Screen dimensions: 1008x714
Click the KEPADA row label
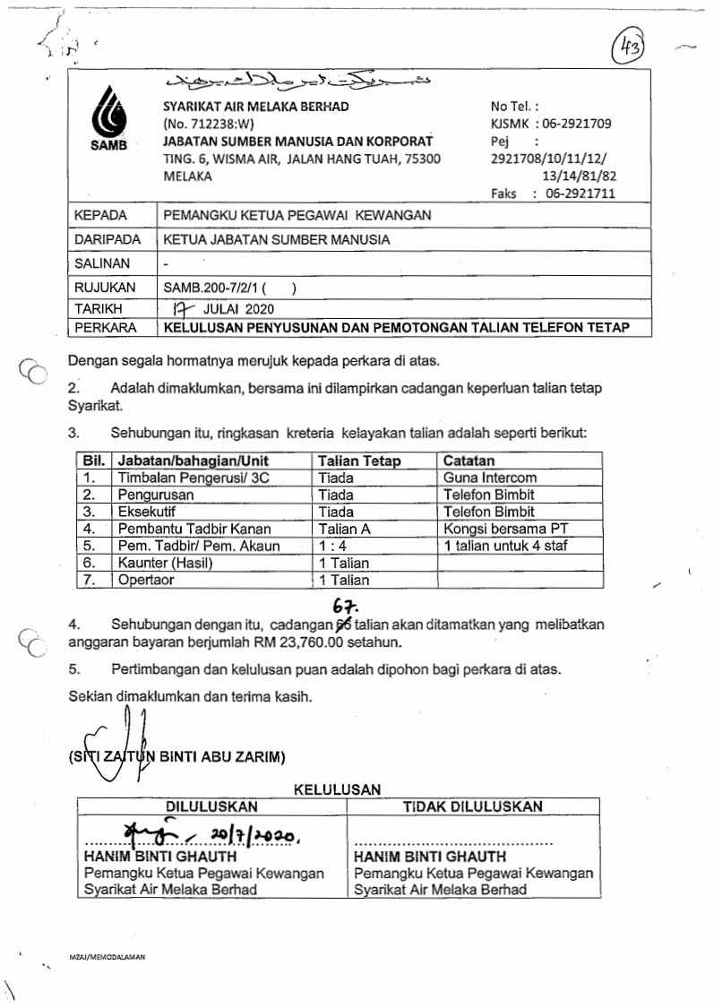(x=100, y=215)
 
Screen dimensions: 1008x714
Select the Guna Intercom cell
(x=489, y=478)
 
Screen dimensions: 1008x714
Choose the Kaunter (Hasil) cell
(x=168, y=563)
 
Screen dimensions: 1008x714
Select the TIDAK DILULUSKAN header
(x=472, y=806)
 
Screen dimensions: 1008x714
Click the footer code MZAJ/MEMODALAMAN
(x=107, y=957)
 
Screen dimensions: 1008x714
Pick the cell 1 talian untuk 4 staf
(x=504, y=546)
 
